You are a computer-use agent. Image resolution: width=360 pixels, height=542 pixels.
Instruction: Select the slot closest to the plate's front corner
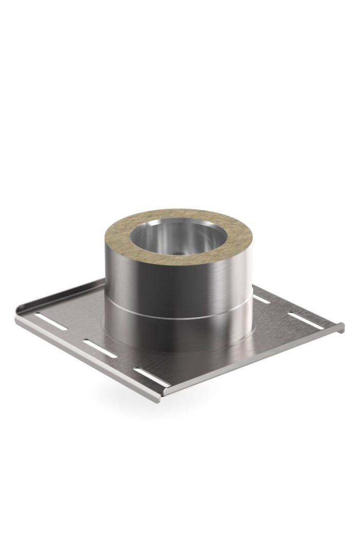click(x=147, y=372)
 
